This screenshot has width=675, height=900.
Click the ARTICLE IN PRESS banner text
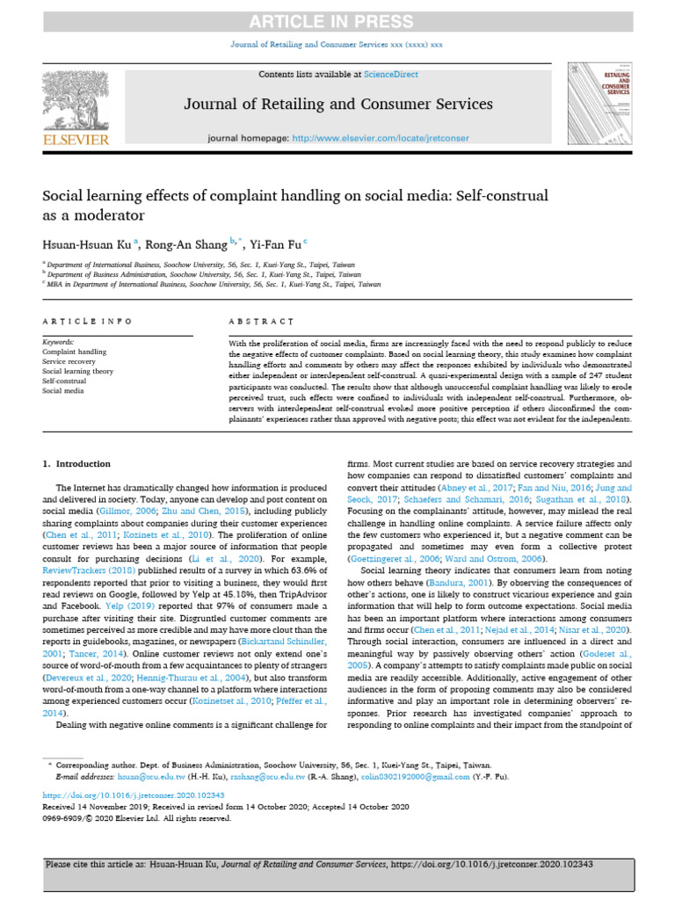tap(337, 21)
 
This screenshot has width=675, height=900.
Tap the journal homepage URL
tap(380, 139)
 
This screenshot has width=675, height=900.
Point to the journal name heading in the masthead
tap(337, 105)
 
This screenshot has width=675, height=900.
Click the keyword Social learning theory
tap(78, 371)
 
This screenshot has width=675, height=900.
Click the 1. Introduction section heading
tap(77, 463)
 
